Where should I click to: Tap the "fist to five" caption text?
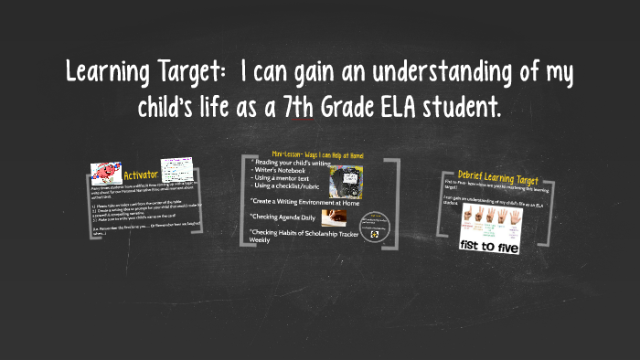[481, 244]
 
